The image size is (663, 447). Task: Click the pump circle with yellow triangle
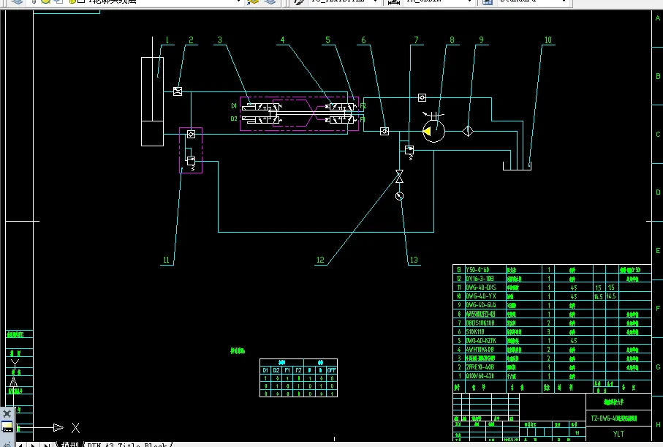click(x=433, y=131)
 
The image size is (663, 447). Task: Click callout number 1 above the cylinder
click(x=167, y=40)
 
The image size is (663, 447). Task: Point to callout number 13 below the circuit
click(x=414, y=260)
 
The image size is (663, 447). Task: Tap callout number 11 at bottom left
click(x=167, y=260)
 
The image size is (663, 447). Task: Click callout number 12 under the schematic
click(x=320, y=260)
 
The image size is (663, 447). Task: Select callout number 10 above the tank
click(x=548, y=40)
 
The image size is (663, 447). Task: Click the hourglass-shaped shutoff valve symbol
click(x=399, y=177)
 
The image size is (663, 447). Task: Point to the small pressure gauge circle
click(x=399, y=196)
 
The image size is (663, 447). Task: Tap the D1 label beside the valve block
click(x=234, y=106)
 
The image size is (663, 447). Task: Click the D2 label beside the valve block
click(x=234, y=118)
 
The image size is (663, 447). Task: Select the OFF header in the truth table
click(x=331, y=369)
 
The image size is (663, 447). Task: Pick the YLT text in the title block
click(x=618, y=433)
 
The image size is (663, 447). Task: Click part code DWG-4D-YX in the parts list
click(x=481, y=296)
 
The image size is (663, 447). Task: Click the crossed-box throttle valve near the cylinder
click(x=178, y=91)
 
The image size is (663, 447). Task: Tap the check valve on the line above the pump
click(x=423, y=97)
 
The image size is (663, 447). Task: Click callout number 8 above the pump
click(x=452, y=40)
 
